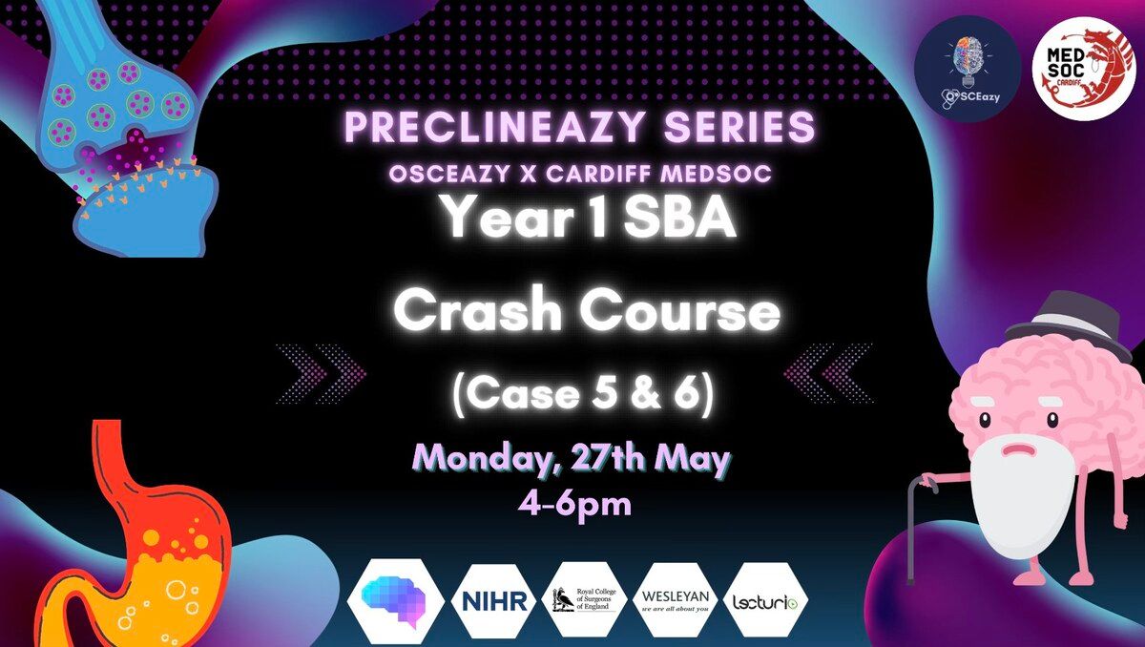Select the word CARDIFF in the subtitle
click(x=599, y=175)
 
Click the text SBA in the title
click(x=679, y=219)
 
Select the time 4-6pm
click(x=574, y=506)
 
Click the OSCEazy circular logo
click(x=968, y=69)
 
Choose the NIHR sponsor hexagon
click(x=494, y=601)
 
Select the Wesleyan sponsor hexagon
click(x=676, y=600)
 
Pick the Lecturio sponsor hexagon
click(x=765, y=600)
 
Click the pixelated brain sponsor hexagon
click(x=395, y=601)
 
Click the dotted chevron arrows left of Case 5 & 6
click(x=321, y=373)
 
